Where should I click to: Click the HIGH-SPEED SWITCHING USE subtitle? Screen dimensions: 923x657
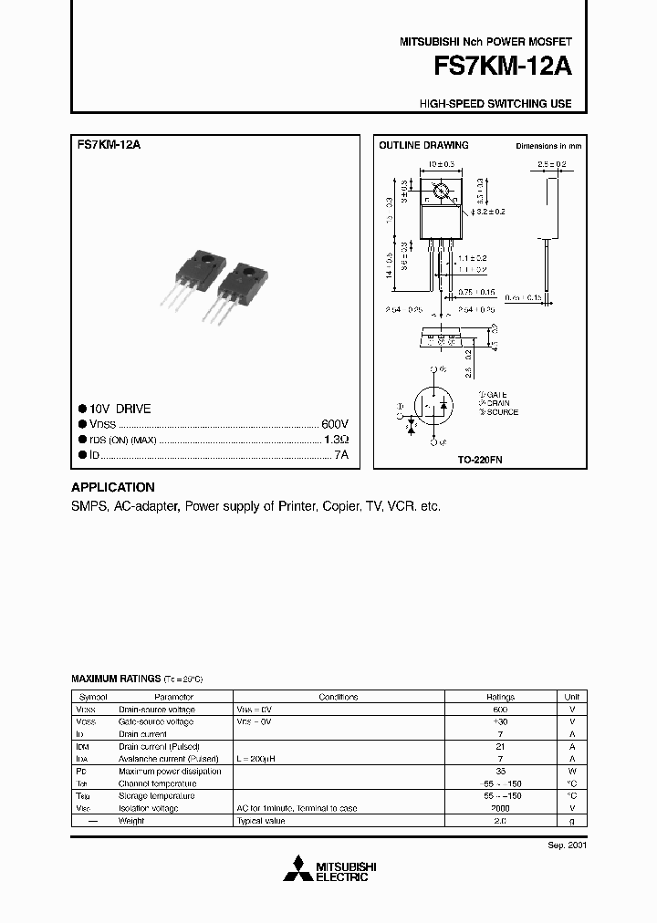(x=495, y=104)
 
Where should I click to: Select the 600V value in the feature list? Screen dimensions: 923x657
(x=335, y=424)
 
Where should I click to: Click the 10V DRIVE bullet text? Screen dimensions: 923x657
(x=120, y=410)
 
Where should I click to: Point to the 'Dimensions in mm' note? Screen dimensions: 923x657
(x=548, y=146)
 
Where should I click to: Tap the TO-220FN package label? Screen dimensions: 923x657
(x=480, y=461)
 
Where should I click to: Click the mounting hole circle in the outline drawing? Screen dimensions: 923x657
(x=442, y=192)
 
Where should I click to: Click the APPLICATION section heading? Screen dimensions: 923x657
(x=113, y=487)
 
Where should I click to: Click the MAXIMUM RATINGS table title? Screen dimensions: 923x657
(x=116, y=679)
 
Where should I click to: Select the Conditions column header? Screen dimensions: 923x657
(x=339, y=696)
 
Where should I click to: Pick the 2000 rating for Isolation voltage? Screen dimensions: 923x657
(x=501, y=808)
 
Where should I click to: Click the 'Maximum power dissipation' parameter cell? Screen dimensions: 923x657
(x=170, y=771)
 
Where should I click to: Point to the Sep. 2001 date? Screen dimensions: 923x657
(x=567, y=845)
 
